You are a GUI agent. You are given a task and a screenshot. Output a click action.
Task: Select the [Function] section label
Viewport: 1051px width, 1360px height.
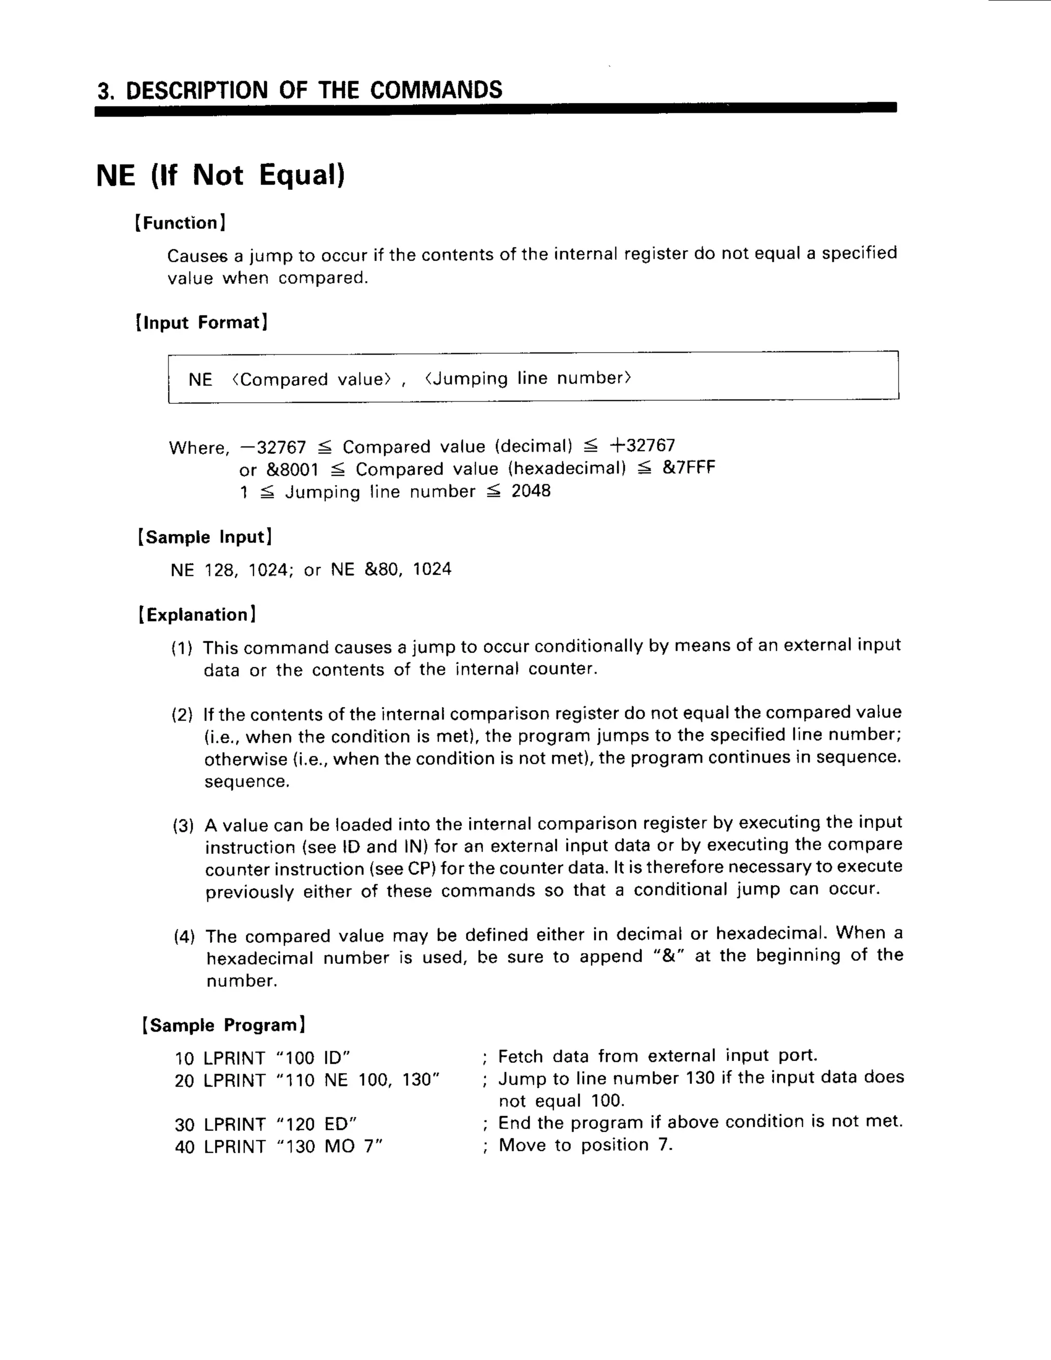coord(181,223)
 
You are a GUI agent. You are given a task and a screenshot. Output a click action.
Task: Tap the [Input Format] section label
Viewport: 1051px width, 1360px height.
coord(202,323)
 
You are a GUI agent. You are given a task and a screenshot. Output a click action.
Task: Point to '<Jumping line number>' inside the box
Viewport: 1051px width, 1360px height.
coord(528,378)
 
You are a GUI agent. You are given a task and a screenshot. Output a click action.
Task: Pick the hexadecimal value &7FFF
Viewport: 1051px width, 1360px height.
coord(689,468)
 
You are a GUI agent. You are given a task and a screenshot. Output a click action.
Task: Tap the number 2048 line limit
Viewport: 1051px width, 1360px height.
coord(531,491)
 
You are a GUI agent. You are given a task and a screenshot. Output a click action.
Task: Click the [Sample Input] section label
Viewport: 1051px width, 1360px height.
coord(205,537)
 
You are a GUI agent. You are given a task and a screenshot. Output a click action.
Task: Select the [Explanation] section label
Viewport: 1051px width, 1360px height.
coord(197,615)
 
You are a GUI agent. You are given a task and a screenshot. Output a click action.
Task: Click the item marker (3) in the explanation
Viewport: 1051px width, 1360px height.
coord(184,826)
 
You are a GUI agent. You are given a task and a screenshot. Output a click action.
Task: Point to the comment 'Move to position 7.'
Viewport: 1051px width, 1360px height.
coord(585,1145)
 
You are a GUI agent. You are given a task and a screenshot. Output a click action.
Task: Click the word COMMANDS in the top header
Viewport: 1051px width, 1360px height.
coord(436,90)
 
